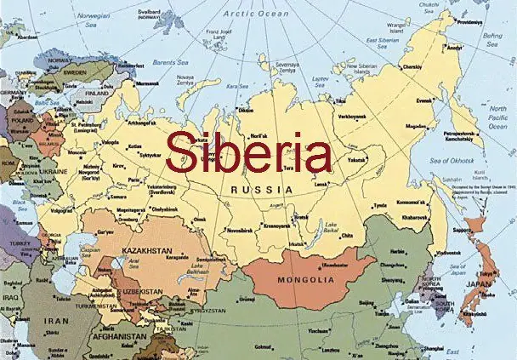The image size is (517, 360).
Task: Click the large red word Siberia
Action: click(x=248, y=152)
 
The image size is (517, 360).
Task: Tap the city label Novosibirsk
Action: click(x=241, y=230)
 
